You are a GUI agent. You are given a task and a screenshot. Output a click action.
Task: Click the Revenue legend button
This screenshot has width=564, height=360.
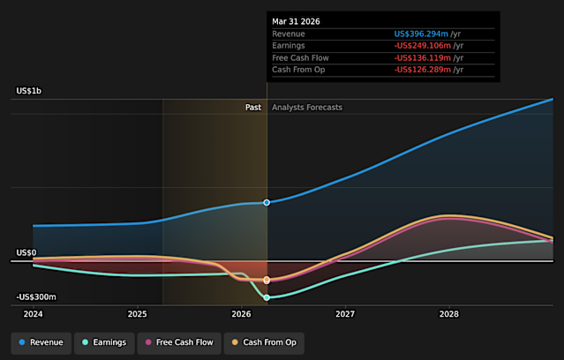click(x=41, y=342)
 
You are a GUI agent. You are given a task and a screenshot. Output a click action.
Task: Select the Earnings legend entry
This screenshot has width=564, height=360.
click(x=104, y=342)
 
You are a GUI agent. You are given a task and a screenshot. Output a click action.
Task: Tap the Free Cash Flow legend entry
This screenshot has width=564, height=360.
click(x=179, y=342)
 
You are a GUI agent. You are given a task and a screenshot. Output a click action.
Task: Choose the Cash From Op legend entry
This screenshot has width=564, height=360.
click(x=264, y=342)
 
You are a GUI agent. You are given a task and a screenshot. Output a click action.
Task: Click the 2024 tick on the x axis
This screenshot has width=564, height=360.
click(x=33, y=314)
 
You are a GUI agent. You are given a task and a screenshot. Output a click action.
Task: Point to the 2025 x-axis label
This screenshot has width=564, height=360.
click(x=138, y=314)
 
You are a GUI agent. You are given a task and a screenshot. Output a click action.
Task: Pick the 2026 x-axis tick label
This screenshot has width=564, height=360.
click(x=241, y=314)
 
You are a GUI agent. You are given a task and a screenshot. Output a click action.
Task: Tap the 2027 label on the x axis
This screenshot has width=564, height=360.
click(x=345, y=314)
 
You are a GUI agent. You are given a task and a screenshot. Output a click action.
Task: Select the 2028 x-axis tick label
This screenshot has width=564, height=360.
click(x=449, y=314)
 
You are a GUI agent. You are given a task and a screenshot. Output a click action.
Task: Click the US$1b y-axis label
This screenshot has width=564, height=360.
click(x=29, y=91)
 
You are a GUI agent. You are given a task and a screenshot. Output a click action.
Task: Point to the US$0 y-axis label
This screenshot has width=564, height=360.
click(x=26, y=253)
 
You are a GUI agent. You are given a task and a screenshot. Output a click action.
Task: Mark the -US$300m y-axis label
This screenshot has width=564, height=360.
click(x=36, y=297)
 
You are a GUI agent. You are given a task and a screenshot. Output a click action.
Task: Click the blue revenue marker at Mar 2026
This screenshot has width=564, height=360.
click(x=267, y=202)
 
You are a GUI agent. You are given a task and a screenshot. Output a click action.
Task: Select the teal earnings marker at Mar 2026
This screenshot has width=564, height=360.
click(x=267, y=297)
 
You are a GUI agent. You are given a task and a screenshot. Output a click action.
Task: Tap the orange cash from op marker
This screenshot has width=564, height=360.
click(x=267, y=280)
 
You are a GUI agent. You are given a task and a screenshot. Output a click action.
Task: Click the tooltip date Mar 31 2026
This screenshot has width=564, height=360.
click(x=296, y=21)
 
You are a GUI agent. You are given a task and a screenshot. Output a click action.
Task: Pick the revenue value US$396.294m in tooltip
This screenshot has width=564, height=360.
click(x=421, y=34)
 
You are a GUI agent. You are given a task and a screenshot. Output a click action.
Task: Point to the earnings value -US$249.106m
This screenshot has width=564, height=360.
click(x=423, y=46)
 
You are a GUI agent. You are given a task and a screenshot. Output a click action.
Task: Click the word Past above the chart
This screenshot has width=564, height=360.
click(x=253, y=108)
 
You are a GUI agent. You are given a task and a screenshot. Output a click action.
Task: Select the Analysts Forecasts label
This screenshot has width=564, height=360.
click(x=307, y=108)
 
